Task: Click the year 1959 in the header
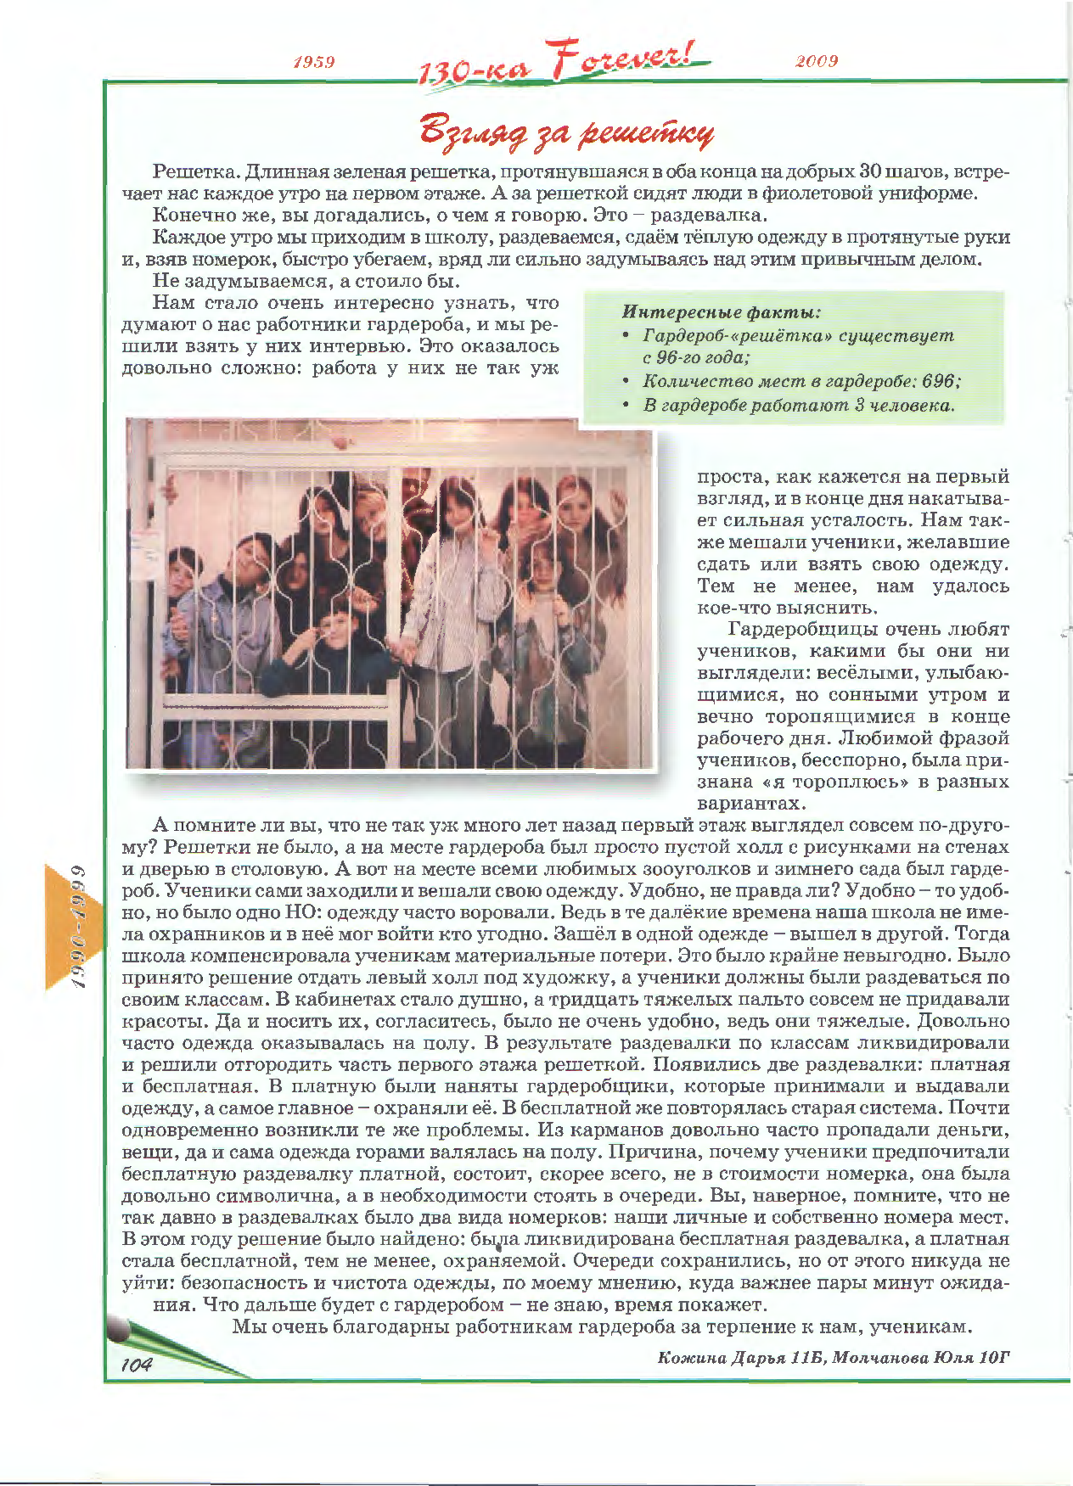tap(313, 62)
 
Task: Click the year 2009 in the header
tap(817, 61)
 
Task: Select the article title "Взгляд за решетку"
tap(567, 131)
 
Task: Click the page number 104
tap(136, 1365)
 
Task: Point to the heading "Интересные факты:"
tap(722, 312)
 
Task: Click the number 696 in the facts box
tap(938, 381)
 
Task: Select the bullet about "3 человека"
tap(798, 405)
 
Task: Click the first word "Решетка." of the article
tap(195, 171)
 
